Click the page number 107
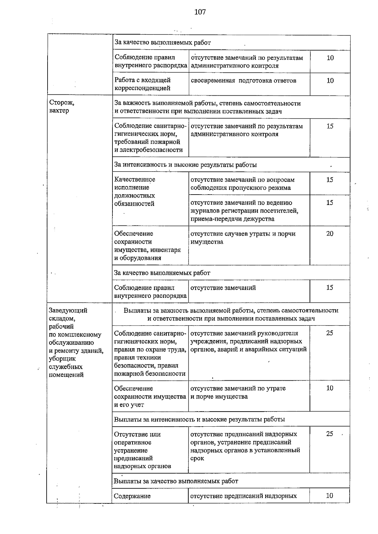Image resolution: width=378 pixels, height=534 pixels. click(200, 12)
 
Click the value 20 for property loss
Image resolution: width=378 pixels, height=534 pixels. click(329, 234)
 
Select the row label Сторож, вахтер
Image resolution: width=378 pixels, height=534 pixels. click(62, 106)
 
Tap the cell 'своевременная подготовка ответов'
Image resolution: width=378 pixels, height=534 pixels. click(243, 81)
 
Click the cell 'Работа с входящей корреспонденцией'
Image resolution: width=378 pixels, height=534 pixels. click(143, 84)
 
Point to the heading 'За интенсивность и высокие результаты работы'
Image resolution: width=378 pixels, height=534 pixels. click(185, 165)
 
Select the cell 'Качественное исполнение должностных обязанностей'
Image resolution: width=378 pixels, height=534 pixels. click(135, 191)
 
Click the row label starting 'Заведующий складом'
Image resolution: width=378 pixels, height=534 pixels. click(76, 342)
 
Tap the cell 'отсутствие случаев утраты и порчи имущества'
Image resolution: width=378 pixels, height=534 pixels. click(243, 238)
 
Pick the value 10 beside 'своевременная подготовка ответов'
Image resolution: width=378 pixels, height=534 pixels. click(330, 81)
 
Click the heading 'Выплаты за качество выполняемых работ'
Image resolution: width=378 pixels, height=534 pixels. click(176, 481)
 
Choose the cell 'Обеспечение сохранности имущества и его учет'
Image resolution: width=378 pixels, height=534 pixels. click(150, 396)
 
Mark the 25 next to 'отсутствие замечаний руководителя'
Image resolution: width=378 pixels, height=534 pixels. click(329, 333)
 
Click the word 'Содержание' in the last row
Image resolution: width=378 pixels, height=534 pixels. click(132, 496)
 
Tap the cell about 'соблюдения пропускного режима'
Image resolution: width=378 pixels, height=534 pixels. click(242, 184)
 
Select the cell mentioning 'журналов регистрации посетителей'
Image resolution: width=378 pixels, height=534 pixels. click(244, 211)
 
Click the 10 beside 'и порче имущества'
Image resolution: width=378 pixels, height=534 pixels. click(329, 388)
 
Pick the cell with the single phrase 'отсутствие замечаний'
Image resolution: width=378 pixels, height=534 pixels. click(223, 288)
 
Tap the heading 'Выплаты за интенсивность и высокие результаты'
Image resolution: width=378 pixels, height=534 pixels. click(199, 419)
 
